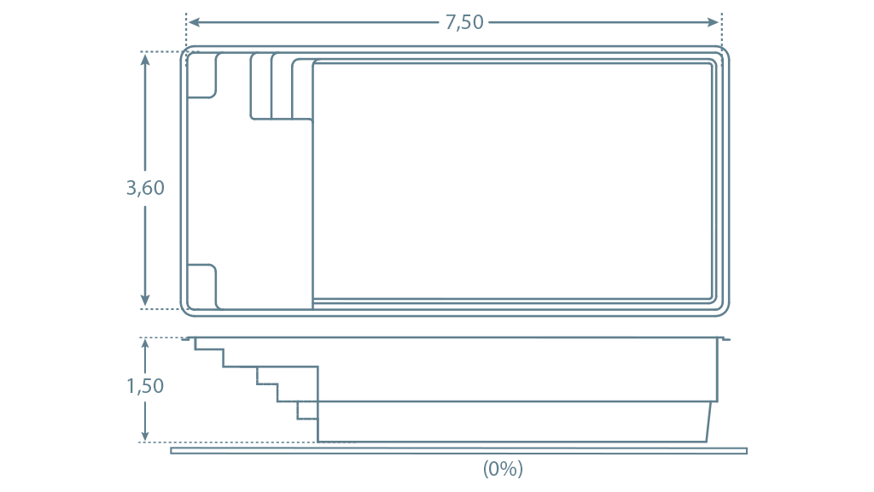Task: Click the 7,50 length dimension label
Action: [x=463, y=22]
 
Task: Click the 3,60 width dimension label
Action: [x=145, y=188]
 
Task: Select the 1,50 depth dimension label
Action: [x=145, y=386]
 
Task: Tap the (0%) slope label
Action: [x=503, y=469]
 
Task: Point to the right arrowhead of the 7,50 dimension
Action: [x=713, y=22]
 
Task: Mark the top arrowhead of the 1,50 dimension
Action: [x=145, y=346]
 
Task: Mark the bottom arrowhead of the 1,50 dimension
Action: [x=145, y=434]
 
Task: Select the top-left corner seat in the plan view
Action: [x=201, y=76]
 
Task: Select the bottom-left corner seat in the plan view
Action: [x=201, y=286]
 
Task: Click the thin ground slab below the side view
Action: [x=458, y=451]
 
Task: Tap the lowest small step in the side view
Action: [x=307, y=411]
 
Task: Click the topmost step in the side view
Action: [x=208, y=344]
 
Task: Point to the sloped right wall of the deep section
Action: [x=709, y=422]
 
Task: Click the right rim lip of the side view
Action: [x=724, y=338]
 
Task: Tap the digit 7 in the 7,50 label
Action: [x=450, y=21]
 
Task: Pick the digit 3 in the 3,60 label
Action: [x=131, y=188]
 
